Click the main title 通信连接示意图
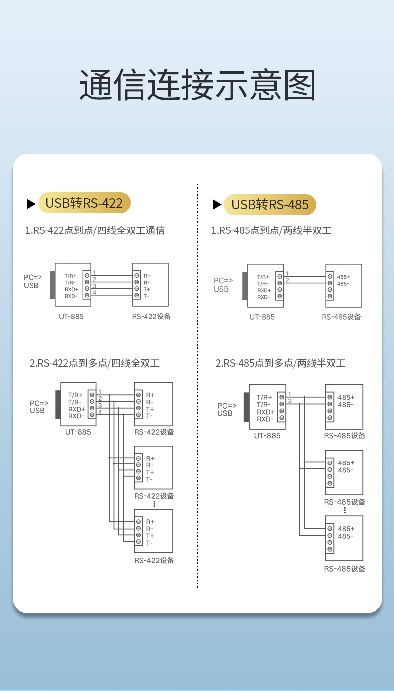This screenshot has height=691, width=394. pyautogui.click(x=197, y=85)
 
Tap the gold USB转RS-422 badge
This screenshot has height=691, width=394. pyautogui.click(x=84, y=203)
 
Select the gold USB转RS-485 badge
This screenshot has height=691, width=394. pyautogui.click(x=270, y=204)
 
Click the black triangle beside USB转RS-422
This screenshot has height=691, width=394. pyautogui.click(x=31, y=204)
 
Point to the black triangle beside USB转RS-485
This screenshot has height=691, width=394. pyautogui.click(x=217, y=204)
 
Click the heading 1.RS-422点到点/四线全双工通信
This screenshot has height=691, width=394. pyautogui.click(x=95, y=230)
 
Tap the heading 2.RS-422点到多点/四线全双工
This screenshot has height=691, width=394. pyautogui.click(x=95, y=363)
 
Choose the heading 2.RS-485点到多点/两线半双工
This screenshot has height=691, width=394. pyautogui.click(x=280, y=363)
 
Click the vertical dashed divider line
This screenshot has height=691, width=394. pyautogui.click(x=198, y=384)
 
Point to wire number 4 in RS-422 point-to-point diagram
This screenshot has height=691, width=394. pyautogui.click(x=94, y=293)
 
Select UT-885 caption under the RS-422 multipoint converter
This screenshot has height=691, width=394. pyautogui.click(x=78, y=432)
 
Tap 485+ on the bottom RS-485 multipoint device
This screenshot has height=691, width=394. pyautogui.click(x=346, y=529)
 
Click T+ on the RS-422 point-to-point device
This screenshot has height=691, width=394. pyautogui.click(x=147, y=289)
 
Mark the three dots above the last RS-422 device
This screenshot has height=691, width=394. pyautogui.click(x=155, y=504)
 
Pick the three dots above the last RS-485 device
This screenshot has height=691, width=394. pyautogui.click(x=345, y=510)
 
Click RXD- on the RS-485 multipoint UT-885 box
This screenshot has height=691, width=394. pyautogui.click(x=265, y=419)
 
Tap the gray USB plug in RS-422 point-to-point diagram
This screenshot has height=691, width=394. pyautogui.click(x=52, y=285)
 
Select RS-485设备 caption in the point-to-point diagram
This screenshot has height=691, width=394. pyautogui.click(x=341, y=317)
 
